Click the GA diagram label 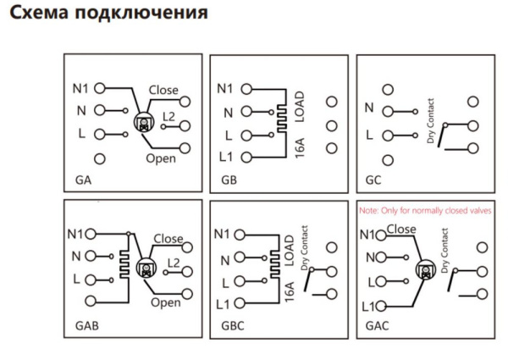83,181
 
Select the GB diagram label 229,181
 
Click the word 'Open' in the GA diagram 161,158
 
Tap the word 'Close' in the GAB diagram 168,239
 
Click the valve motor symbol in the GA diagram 143,122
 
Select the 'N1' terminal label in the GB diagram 225,88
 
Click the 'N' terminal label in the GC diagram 369,109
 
